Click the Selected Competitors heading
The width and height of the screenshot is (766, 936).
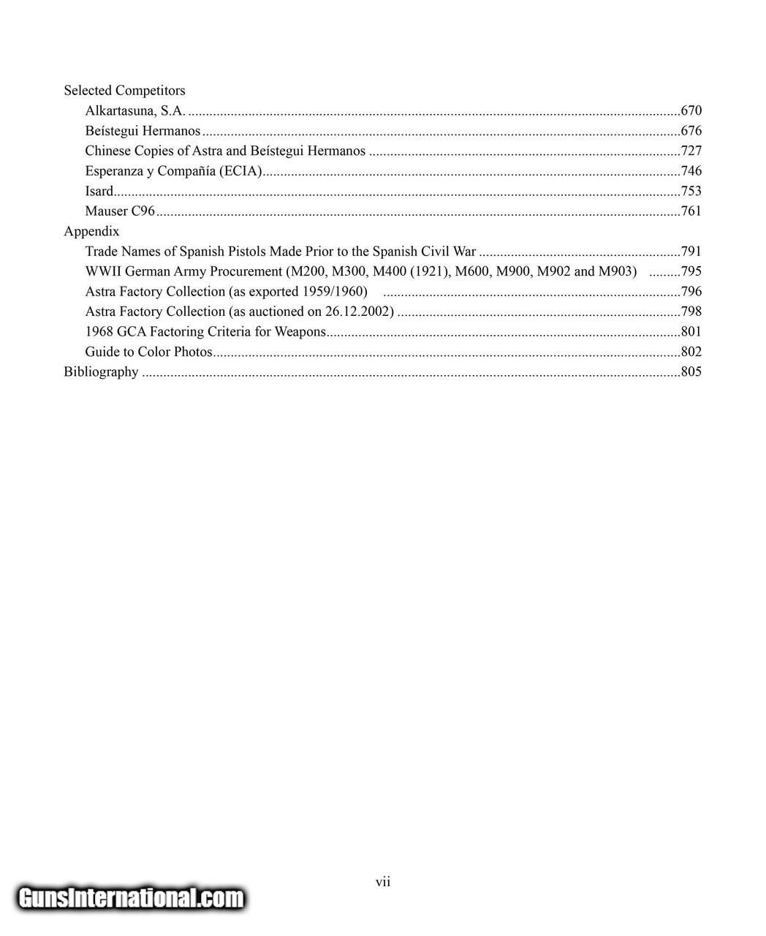point(124,91)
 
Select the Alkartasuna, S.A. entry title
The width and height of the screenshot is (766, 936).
point(135,111)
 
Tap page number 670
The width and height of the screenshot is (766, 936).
point(691,111)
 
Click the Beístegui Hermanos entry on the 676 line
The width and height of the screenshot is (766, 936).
point(143,132)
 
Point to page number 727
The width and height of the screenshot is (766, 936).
point(691,151)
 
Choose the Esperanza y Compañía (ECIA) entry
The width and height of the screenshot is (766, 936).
point(174,171)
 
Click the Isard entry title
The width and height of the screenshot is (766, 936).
point(99,192)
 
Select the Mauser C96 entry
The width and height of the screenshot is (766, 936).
point(120,211)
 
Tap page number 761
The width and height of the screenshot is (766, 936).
point(691,211)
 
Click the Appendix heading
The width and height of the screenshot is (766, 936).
point(91,231)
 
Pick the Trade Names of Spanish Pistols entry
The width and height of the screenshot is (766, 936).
point(280,252)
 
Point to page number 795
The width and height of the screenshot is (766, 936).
point(691,271)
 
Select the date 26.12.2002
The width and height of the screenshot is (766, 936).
point(356,312)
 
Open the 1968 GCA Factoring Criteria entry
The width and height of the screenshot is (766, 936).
point(205,332)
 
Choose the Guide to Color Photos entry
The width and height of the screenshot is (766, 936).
point(148,352)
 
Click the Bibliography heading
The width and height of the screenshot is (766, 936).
point(101,371)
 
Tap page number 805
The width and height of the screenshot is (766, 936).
point(691,371)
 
